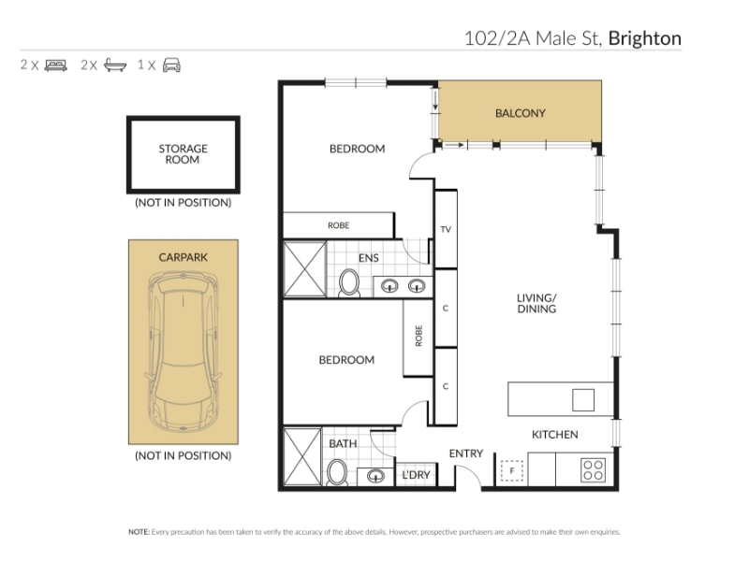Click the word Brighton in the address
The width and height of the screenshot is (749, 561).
click(644, 38)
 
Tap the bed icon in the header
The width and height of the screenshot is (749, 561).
click(56, 65)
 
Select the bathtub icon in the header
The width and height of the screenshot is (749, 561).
click(115, 65)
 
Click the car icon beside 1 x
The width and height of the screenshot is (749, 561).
click(171, 65)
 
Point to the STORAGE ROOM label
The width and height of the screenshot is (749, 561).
click(183, 154)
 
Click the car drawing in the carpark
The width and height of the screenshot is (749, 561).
click(184, 352)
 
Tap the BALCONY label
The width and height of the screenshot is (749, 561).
click(521, 113)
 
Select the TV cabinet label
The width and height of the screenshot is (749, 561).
click(446, 229)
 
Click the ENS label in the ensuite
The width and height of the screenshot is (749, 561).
click(368, 258)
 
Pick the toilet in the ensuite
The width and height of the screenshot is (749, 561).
click(349, 283)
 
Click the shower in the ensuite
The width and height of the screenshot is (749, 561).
click(305, 269)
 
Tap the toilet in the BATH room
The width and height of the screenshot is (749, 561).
click(338, 473)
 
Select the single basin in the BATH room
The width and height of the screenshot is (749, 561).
click(375, 476)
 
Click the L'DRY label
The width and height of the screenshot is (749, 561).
click(416, 475)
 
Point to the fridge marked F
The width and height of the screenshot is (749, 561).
click(512, 471)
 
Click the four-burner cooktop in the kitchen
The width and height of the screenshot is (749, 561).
click(594, 469)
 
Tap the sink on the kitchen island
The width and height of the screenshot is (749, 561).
click(583, 400)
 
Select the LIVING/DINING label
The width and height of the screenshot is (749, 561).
click(536, 303)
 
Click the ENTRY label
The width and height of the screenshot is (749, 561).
click(465, 453)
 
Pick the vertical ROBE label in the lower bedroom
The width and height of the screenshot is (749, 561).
click(419, 336)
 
